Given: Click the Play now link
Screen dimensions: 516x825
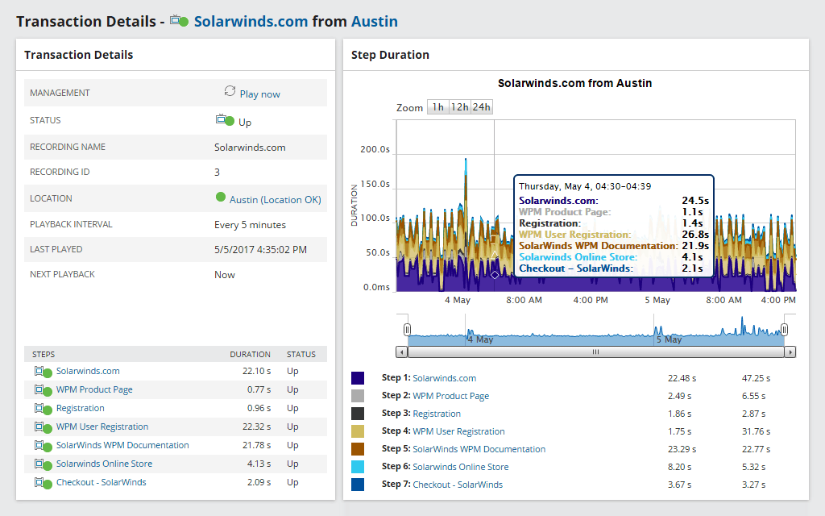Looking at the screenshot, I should click(259, 94).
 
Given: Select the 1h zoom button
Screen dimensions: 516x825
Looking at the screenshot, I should click(437, 107).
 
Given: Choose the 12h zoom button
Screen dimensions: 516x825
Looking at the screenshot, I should click(459, 107).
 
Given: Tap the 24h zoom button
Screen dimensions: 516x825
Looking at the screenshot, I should click(482, 107).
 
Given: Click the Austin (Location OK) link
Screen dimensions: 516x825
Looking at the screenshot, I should click(275, 199).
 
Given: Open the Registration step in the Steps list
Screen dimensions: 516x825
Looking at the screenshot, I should click(81, 408).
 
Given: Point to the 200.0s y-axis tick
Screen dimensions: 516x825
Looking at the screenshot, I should click(375, 150).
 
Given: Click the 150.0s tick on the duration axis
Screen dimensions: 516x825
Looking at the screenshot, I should click(375, 184).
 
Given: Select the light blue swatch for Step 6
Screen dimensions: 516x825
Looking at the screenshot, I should click(359, 467).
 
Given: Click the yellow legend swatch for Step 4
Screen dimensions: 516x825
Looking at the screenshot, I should click(359, 431).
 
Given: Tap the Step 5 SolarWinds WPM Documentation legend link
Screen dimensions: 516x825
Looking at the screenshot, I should click(479, 449).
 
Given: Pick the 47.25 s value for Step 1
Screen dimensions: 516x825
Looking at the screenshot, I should click(756, 378).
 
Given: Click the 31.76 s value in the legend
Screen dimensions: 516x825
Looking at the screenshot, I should click(756, 431).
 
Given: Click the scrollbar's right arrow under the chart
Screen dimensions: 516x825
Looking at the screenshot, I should click(790, 352).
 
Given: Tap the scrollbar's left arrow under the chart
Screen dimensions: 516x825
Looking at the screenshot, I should click(401, 352).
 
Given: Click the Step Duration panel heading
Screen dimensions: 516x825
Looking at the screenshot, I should click(390, 55).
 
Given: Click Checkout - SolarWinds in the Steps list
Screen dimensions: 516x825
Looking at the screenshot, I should click(101, 482).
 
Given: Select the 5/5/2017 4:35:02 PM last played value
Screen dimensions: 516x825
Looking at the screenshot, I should click(261, 249).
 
